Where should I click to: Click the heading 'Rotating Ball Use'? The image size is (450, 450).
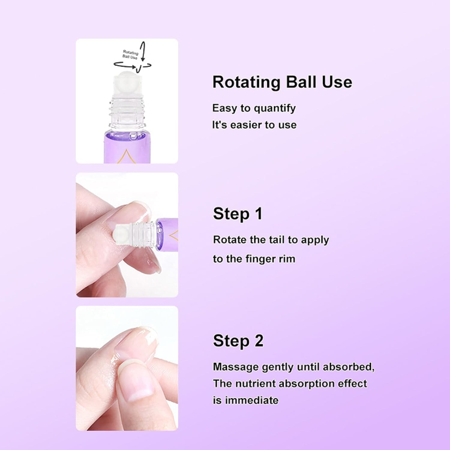pyautogui.click(x=282, y=82)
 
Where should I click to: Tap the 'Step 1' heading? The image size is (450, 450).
pyautogui.click(x=238, y=214)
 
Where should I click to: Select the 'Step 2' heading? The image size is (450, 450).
pyautogui.click(x=238, y=341)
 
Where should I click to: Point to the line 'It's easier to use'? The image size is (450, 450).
pyautogui.click(x=254, y=125)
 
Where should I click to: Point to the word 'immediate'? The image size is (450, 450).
pyautogui.click(x=252, y=400)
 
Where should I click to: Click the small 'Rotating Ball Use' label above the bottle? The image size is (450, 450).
pyautogui.click(x=130, y=55)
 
